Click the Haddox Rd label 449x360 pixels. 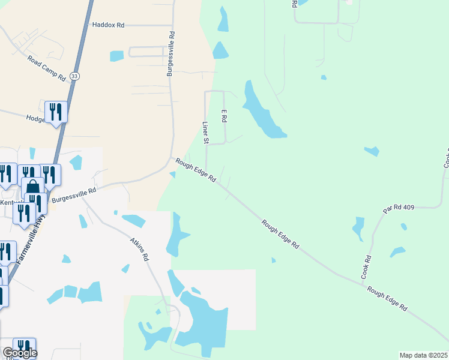click(x=108, y=25)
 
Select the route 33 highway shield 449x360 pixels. click(x=74, y=76)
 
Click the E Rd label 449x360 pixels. click(x=223, y=116)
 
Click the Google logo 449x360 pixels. click(x=19, y=353)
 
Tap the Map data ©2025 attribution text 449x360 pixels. click(x=424, y=355)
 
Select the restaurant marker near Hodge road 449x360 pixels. click(x=56, y=111)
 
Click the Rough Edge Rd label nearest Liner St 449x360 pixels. click(x=196, y=170)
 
